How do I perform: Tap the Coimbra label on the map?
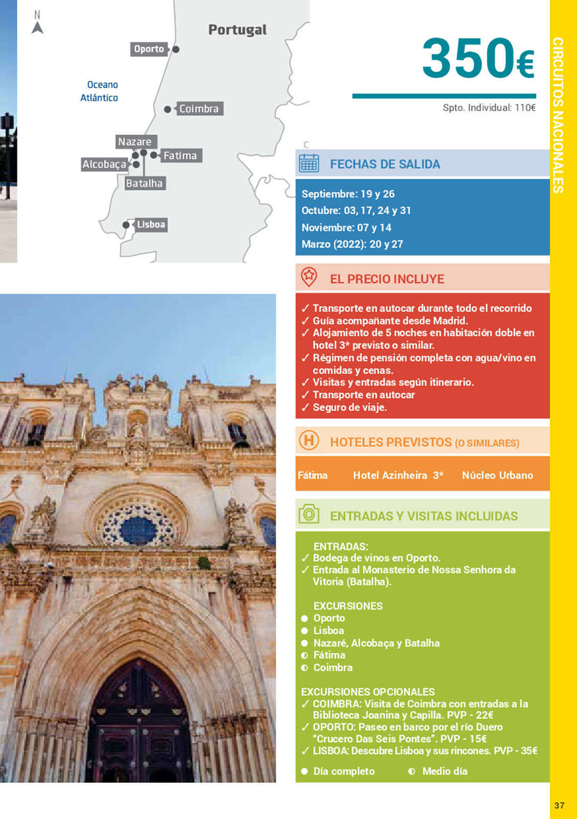click(200, 109)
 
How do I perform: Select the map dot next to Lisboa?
click(126, 225)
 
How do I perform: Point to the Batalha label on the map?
click(144, 183)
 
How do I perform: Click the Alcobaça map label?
click(105, 164)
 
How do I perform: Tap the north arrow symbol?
click(38, 28)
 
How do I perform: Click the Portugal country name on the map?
click(237, 30)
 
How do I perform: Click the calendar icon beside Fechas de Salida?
click(309, 163)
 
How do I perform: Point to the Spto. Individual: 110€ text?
click(489, 108)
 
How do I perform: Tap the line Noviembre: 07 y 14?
click(346, 227)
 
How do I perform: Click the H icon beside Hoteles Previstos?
click(309, 441)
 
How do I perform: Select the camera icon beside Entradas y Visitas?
click(309, 514)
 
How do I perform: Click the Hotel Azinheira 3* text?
click(398, 475)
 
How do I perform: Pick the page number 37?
click(559, 805)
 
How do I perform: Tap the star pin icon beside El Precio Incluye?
click(309, 277)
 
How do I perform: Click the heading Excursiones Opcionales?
click(368, 692)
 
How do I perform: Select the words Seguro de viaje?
click(350, 407)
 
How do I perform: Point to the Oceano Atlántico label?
click(99, 91)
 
